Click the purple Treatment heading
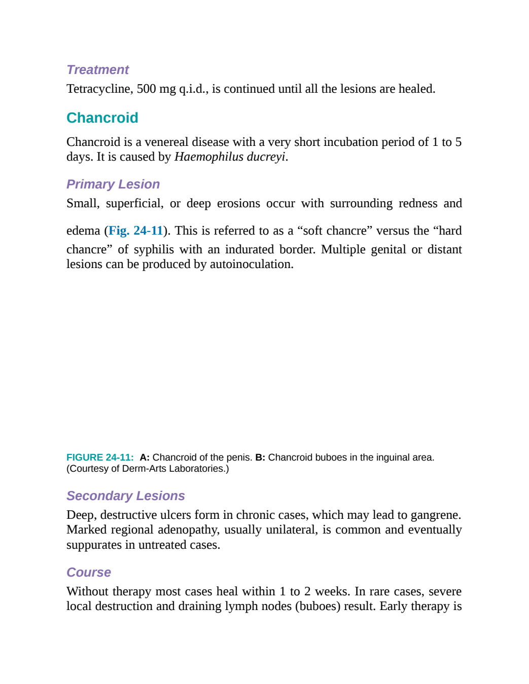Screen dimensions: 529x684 coord(98,69)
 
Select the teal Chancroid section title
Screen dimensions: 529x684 coord(102,118)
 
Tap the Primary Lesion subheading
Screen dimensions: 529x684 coord(113,184)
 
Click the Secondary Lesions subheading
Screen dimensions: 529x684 coord(125,496)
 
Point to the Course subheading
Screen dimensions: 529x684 coord(89,572)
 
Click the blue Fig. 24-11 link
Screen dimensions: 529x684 coord(136,231)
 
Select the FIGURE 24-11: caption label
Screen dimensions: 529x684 coord(100,458)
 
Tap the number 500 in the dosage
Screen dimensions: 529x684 coord(147,89)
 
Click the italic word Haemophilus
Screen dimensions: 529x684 coord(209,157)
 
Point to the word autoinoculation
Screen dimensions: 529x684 coord(252,264)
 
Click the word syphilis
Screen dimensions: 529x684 coord(154,250)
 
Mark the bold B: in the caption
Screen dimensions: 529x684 coord(260,458)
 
